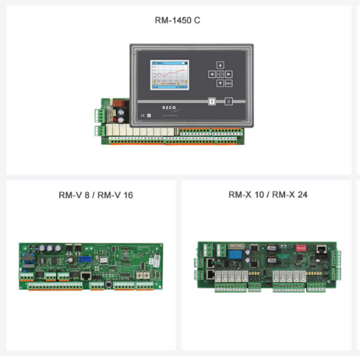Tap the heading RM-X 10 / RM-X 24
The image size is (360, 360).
[x=268, y=195]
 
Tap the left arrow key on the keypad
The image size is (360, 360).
[x=212, y=73]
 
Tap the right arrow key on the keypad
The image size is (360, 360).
[x=228, y=73]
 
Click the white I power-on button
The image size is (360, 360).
[x=212, y=102]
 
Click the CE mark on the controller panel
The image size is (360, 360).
[x=143, y=114]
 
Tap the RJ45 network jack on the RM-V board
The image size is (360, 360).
[x=86, y=274]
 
